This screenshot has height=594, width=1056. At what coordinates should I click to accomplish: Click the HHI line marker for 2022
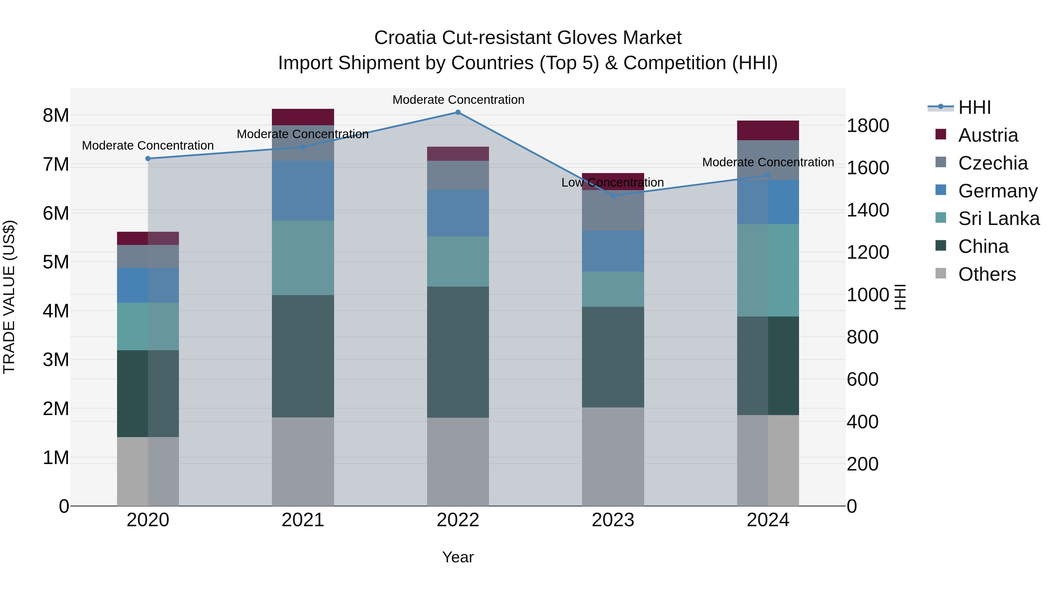458,112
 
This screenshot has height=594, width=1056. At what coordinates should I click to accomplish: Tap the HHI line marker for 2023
613,196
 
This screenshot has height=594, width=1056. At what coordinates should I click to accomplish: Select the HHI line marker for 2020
148,159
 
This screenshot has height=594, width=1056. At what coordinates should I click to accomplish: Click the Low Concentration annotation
612,183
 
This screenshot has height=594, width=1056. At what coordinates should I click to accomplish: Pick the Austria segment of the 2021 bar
303,117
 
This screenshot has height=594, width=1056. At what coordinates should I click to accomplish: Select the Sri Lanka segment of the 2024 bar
768,270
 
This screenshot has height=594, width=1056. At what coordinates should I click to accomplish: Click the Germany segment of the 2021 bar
303,191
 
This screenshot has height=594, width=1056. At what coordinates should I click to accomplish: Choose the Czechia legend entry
992,163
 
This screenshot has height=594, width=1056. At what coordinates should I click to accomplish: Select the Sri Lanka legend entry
998,219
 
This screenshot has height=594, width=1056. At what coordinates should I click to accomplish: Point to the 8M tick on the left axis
56,116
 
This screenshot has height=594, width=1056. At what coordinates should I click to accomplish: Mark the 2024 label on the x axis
768,520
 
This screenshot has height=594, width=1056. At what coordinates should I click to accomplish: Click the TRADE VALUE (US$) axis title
9,297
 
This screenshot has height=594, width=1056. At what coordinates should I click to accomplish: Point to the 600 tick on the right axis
862,380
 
